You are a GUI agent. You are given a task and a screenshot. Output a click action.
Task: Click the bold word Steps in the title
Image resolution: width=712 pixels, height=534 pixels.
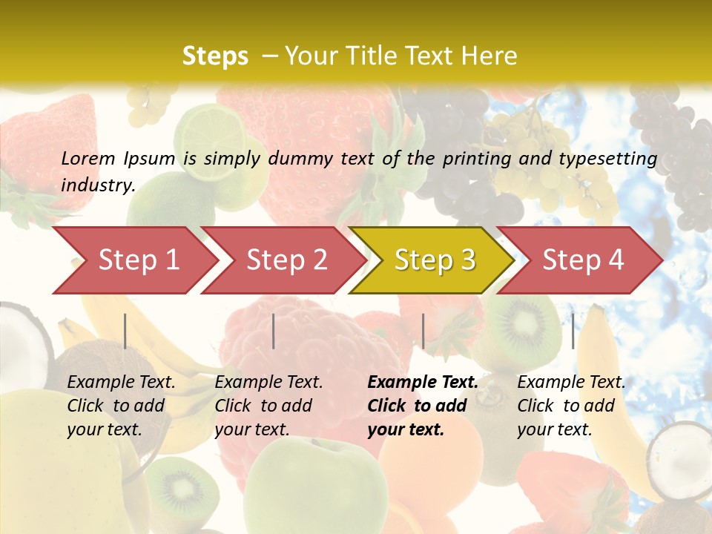(x=215, y=56)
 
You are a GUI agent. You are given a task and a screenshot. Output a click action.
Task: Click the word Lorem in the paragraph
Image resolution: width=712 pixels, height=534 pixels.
(x=88, y=158)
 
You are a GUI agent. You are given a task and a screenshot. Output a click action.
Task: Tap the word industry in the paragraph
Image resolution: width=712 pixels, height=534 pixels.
(x=98, y=185)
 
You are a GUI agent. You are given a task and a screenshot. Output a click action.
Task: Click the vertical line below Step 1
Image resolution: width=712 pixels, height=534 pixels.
(x=125, y=331)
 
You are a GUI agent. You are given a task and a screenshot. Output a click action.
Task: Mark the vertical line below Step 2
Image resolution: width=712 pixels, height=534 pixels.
(x=274, y=331)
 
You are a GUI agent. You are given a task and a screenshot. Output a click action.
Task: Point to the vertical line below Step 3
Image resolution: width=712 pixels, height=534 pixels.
(x=423, y=331)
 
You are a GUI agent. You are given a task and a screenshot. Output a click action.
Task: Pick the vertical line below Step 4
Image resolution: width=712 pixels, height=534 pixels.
(x=573, y=331)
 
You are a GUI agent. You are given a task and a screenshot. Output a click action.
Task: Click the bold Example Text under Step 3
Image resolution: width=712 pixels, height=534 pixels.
(x=423, y=382)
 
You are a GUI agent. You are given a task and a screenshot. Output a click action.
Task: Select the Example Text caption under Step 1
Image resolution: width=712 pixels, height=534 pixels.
(x=121, y=382)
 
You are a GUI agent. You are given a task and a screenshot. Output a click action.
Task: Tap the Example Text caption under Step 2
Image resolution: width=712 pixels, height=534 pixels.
(x=268, y=382)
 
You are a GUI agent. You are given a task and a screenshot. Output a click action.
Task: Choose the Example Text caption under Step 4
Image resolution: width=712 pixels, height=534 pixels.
(x=571, y=382)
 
